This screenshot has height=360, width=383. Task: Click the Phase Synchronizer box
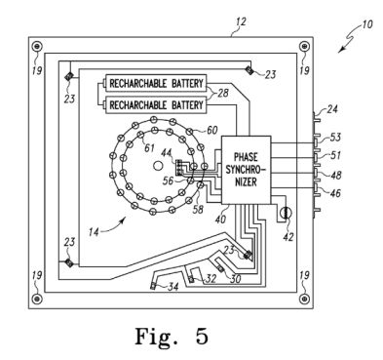pyautogui.click(x=246, y=170)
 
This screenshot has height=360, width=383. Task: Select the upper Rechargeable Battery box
pyautogui.click(x=155, y=83)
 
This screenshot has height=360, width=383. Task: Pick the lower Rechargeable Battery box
pyautogui.click(x=155, y=104)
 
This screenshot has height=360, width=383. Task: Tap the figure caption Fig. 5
pyautogui.click(x=172, y=336)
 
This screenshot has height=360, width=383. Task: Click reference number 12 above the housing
pyautogui.click(x=242, y=22)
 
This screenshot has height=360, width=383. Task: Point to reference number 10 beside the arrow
pyautogui.click(x=366, y=24)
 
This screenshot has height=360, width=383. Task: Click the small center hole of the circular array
pyautogui.click(x=158, y=166)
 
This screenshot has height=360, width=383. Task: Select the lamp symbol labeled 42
pyautogui.click(x=286, y=213)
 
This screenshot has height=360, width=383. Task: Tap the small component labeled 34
pyautogui.click(x=153, y=286)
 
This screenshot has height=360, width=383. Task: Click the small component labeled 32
pyautogui.click(x=191, y=279)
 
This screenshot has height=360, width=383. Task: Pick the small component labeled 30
pyautogui.click(x=221, y=269)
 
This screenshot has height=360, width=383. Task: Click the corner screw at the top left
pyautogui.click(x=36, y=46)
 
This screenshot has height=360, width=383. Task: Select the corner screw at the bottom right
pyautogui.click(x=304, y=299)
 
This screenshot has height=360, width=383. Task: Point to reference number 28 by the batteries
pyautogui.click(x=223, y=93)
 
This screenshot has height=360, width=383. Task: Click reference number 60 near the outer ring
pyautogui.click(x=212, y=131)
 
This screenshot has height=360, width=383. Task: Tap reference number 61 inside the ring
pyautogui.click(x=149, y=148)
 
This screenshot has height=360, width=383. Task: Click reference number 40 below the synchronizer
pyautogui.click(x=220, y=219)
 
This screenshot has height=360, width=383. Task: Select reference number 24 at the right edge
pyautogui.click(x=332, y=108)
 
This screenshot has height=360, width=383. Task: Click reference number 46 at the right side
pyautogui.click(x=335, y=193)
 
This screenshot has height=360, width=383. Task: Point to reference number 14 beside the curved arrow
pyautogui.click(x=94, y=231)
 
